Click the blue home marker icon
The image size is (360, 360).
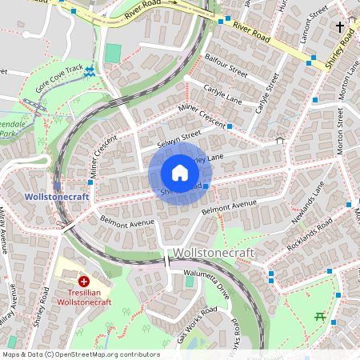[x=179, y=173]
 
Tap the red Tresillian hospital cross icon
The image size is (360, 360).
[x=84, y=282]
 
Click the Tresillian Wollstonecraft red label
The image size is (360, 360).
[x=84, y=298]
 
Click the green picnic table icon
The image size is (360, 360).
[x=320, y=317]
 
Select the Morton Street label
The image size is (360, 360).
[x=340, y=133]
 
